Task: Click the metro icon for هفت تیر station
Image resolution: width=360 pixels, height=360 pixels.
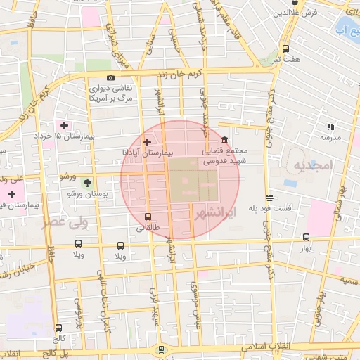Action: (x=285, y=49)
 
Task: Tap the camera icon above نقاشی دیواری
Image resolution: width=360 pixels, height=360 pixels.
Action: (x=110, y=78)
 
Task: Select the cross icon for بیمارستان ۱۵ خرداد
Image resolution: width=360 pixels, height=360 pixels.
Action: (x=65, y=125)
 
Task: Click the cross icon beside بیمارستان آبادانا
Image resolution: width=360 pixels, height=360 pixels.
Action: (x=146, y=142)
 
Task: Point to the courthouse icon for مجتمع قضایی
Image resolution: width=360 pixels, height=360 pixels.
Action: (x=224, y=140)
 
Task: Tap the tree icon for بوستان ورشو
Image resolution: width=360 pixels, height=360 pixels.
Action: (x=87, y=182)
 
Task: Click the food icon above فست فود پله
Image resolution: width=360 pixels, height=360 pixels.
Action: (x=269, y=198)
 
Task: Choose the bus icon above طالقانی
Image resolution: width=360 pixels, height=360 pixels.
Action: (x=147, y=217)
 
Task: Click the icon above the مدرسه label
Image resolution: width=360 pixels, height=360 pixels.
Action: (x=330, y=127)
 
